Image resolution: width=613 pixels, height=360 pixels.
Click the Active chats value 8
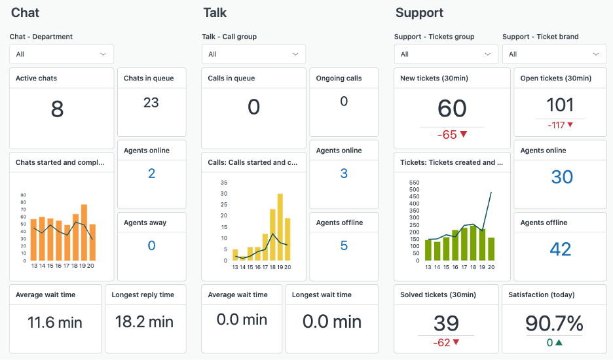point(57,109)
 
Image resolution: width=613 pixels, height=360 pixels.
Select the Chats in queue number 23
point(151,103)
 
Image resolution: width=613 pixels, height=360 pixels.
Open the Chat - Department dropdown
point(62,54)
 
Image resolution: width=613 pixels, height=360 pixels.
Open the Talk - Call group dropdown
point(254,54)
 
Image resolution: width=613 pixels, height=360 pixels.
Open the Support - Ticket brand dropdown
point(554,54)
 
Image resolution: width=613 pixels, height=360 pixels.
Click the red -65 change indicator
point(452,135)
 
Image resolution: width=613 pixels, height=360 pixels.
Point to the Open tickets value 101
point(560,105)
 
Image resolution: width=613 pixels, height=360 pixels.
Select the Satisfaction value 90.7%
point(553,323)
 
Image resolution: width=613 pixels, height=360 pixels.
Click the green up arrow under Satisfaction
point(559,342)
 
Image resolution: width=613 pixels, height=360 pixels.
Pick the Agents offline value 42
point(561,249)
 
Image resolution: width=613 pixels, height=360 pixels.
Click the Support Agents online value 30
point(561,177)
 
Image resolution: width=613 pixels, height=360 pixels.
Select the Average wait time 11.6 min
point(56,322)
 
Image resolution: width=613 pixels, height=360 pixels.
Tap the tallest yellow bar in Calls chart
point(280,226)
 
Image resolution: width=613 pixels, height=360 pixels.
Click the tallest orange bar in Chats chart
point(84,232)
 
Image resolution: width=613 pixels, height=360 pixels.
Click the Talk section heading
point(215,13)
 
